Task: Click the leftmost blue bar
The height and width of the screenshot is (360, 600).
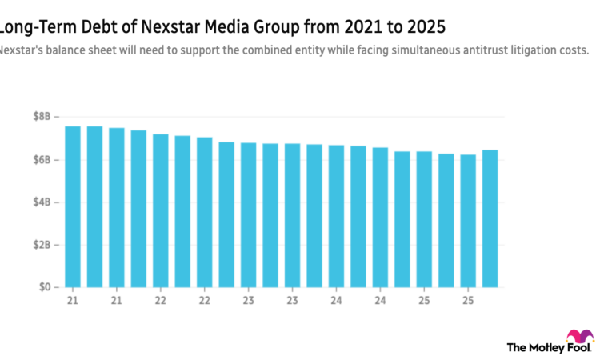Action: pos(73,206)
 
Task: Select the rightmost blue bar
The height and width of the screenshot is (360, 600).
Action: pos(490,218)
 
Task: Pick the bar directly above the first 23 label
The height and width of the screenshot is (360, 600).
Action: pos(204,211)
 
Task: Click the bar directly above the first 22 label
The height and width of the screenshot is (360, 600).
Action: pos(160,210)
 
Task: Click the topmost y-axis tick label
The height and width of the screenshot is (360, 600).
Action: pos(41,117)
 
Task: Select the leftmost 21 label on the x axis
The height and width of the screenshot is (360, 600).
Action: pos(73,301)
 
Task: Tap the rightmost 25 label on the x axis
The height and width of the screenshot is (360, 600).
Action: pos(468,301)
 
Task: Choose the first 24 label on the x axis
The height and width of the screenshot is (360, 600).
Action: pos(336,301)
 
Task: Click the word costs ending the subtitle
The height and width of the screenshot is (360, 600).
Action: pos(572,50)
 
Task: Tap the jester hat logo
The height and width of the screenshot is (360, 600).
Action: pos(579,335)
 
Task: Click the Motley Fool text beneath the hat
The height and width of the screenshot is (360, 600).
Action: pos(550,348)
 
